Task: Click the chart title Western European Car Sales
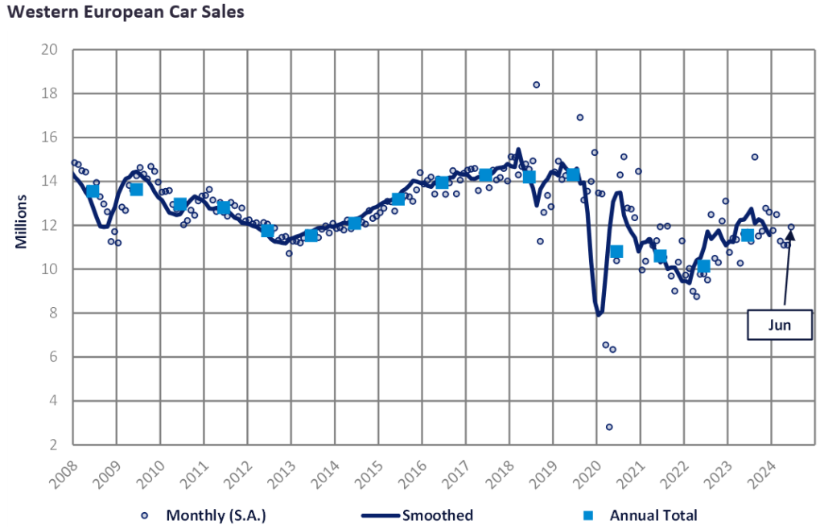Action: click(124, 13)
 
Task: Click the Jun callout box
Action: click(779, 326)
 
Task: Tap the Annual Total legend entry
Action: click(645, 515)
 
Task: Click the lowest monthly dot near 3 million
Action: click(609, 427)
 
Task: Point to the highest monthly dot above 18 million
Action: click(536, 84)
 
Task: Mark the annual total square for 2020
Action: click(616, 252)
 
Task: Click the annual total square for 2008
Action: click(93, 191)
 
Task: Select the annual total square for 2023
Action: click(748, 235)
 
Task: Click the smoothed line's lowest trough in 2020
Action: click(599, 315)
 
